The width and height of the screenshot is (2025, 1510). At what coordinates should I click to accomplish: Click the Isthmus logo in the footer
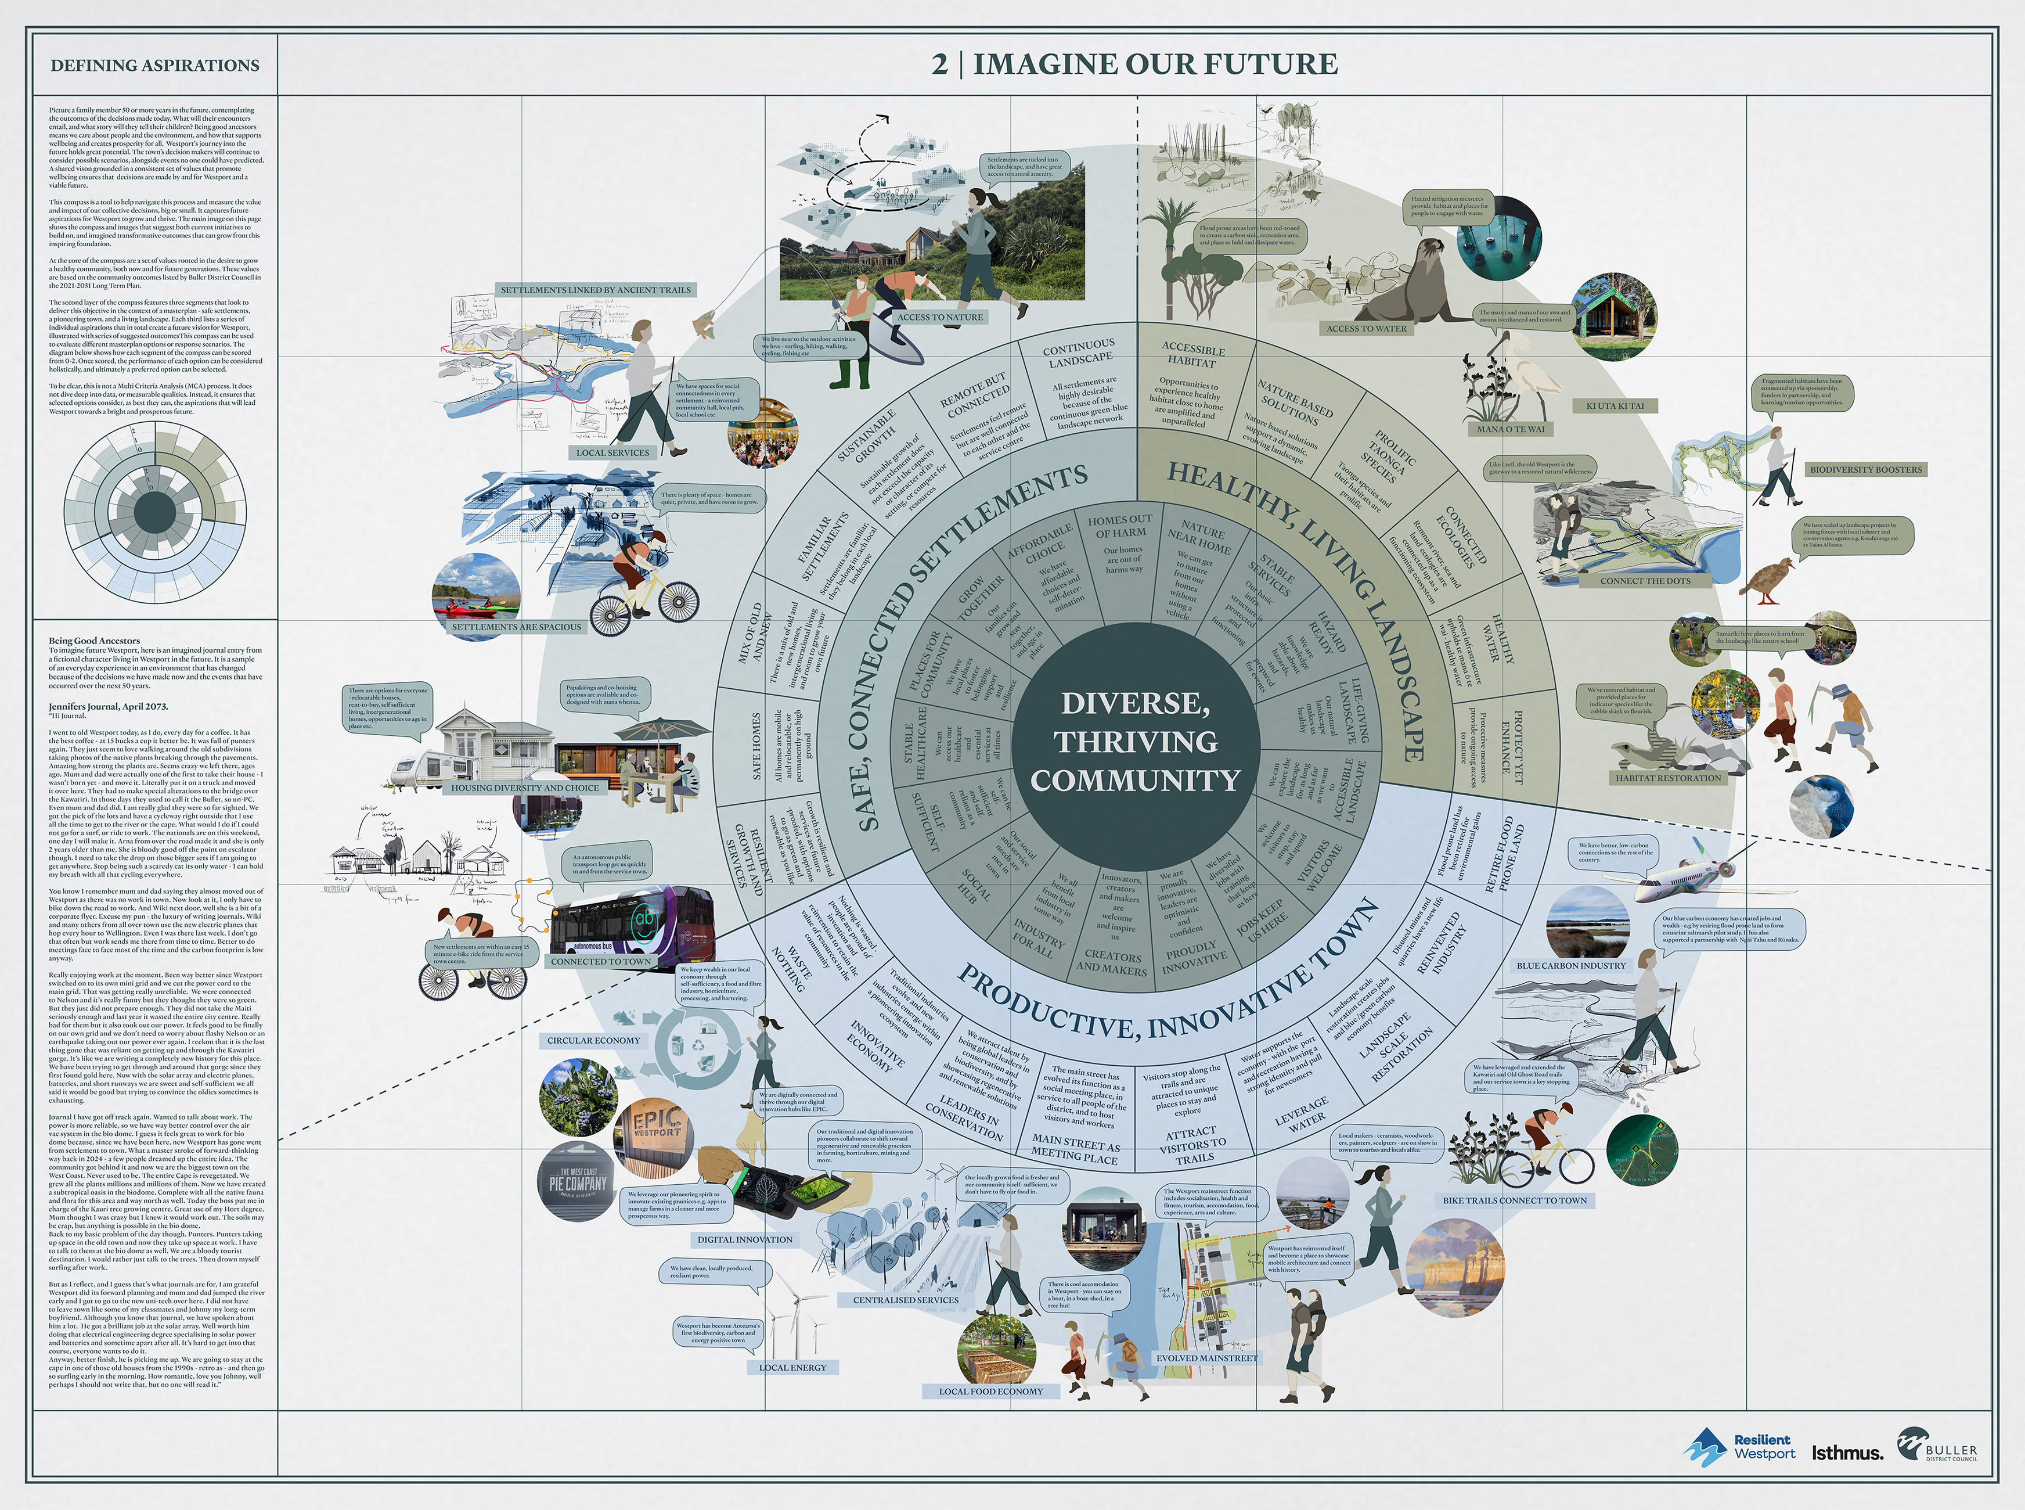pyautogui.click(x=1847, y=1453)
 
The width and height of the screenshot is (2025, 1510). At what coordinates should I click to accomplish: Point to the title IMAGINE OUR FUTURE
pyautogui.click(x=1135, y=64)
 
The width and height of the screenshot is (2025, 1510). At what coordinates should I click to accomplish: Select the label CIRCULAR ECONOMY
pyautogui.click(x=593, y=1040)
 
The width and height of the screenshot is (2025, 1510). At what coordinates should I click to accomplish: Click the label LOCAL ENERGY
pyautogui.click(x=792, y=1367)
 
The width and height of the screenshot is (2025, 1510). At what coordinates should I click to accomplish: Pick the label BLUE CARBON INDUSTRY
pyautogui.click(x=1571, y=965)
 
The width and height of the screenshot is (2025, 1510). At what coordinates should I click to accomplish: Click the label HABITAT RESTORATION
pyautogui.click(x=1668, y=778)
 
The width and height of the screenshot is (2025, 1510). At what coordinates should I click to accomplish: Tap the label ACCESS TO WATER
pyautogui.click(x=1366, y=328)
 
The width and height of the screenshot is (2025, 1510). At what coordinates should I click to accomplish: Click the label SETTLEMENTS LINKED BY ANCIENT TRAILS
pyautogui.click(x=595, y=290)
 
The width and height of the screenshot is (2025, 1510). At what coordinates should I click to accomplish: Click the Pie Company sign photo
pyautogui.click(x=578, y=1184)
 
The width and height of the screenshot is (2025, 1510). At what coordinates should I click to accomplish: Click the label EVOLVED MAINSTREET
pyautogui.click(x=1206, y=1358)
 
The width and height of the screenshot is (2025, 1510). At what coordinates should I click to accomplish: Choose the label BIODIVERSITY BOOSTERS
pyautogui.click(x=1866, y=470)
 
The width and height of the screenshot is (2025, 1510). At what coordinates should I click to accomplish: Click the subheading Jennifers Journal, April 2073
pyautogui.click(x=108, y=707)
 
